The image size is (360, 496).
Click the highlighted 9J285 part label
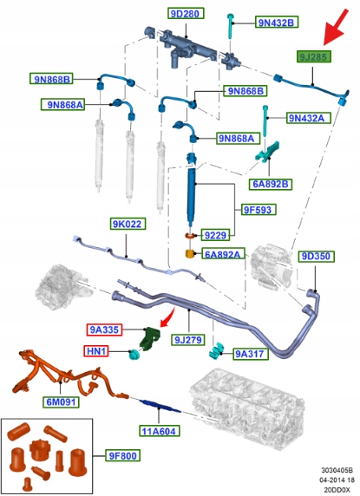click(x=313, y=57)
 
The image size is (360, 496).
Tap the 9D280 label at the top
click(x=186, y=14)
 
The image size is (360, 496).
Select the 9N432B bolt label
click(x=277, y=23)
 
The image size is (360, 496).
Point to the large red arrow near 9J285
click(x=336, y=27)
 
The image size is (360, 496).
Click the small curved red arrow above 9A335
click(x=167, y=317)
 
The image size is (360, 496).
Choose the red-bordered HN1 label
click(x=95, y=351)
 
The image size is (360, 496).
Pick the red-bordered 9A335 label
click(x=104, y=330)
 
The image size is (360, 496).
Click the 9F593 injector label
click(x=258, y=209)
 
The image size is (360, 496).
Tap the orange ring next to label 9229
click(x=191, y=236)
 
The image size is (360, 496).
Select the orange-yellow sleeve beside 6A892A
click(x=189, y=254)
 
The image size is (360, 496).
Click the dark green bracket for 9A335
click(x=150, y=339)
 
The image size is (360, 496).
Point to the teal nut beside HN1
click(x=134, y=355)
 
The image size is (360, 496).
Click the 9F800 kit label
click(x=122, y=456)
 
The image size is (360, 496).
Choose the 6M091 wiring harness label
click(x=61, y=402)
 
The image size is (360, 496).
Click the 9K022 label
click(x=128, y=224)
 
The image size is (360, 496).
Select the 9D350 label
click(x=316, y=256)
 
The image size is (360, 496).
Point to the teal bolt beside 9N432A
click(x=265, y=121)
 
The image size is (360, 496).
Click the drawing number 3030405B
click(x=337, y=470)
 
